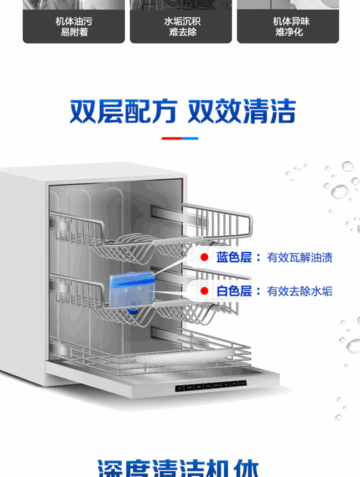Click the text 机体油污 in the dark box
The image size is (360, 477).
[74, 21]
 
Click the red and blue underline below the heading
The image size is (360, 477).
[180, 138]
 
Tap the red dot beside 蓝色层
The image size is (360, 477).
[205, 258]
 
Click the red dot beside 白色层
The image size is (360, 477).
[205, 291]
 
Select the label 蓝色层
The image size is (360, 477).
[234, 258]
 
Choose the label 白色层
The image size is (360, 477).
[234, 291]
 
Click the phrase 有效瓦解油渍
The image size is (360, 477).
[300, 258]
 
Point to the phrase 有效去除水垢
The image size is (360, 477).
[300, 291]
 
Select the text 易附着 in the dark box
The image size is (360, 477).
[74, 32]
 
